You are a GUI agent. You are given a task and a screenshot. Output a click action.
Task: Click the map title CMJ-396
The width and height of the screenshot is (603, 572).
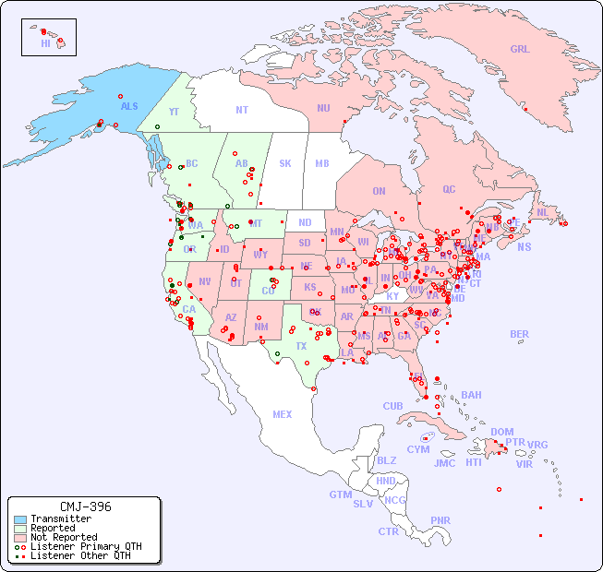(85, 506)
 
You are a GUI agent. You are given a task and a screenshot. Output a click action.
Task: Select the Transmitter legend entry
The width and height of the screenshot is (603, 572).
(60, 518)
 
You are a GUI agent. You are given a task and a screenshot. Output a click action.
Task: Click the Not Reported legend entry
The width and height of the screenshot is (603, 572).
(63, 537)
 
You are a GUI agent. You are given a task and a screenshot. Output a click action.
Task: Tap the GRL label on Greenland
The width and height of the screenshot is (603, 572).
(520, 49)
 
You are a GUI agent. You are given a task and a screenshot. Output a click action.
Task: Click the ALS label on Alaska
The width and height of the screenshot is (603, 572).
(129, 106)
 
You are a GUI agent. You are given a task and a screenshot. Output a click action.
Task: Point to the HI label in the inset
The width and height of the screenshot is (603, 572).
(45, 43)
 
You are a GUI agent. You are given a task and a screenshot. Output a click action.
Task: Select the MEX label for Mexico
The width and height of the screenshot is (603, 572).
(283, 414)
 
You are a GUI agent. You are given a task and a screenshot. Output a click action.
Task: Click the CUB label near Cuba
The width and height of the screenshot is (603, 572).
(393, 406)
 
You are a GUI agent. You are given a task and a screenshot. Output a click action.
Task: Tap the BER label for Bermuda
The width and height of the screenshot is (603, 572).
(519, 334)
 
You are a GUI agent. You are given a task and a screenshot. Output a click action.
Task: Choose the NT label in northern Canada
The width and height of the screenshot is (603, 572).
(241, 109)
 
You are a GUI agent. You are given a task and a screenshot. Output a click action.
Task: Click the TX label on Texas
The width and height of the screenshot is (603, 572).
(301, 346)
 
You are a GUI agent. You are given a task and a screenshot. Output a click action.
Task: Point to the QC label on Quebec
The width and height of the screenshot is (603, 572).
(449, 189)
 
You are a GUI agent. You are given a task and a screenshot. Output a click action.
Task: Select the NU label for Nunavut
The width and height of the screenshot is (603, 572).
(323, 108)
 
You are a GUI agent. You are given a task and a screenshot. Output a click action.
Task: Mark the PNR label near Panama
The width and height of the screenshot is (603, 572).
(440, 520)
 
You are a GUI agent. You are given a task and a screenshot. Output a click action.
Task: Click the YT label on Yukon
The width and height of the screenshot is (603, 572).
(174, 111)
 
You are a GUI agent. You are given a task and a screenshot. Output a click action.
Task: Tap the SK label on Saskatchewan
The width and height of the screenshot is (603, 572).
(285, 163)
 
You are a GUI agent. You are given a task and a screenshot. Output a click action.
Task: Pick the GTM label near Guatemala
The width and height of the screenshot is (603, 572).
(340, 495)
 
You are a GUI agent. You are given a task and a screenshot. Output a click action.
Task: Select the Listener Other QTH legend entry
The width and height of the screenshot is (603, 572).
(80, 555)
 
